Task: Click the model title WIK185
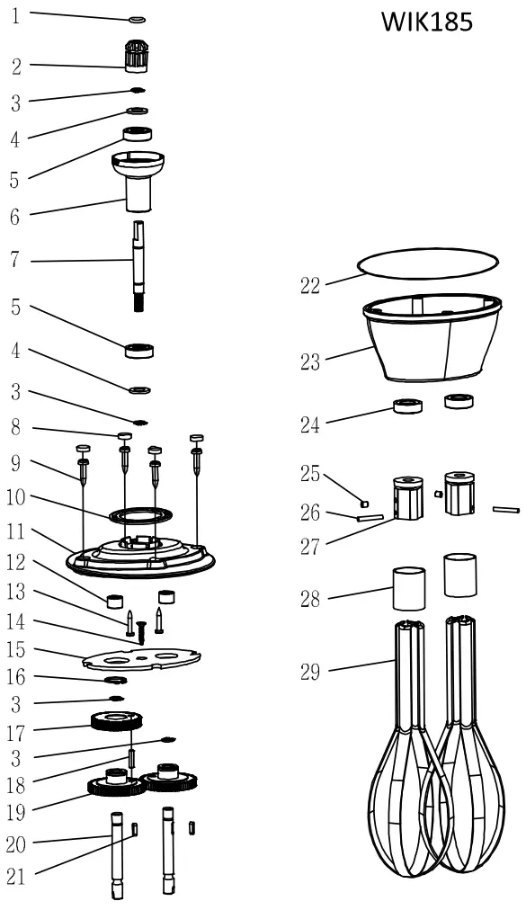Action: click(426, 22)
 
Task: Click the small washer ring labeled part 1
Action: click(137, 18)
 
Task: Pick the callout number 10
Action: click(15, 495)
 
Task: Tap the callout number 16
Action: click(15, 676)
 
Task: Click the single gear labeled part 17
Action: click(117, 720)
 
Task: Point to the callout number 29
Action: click(310, 672)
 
